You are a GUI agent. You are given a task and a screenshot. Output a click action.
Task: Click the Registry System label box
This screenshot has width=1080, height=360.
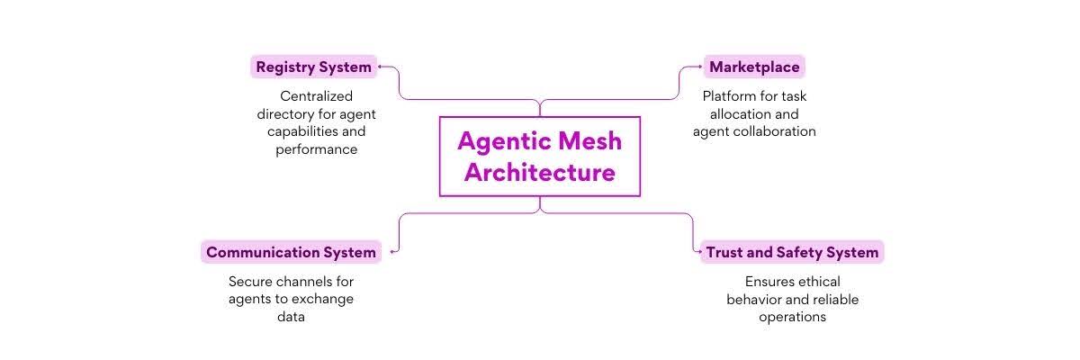[x=313, y=67]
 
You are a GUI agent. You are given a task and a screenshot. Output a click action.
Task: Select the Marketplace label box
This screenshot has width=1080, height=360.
[x=753, y=67]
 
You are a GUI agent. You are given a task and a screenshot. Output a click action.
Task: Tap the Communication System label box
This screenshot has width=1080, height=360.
[x=291, y=252]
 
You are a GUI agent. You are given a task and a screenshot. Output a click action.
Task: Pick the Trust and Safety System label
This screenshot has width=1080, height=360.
[x=791, y=252]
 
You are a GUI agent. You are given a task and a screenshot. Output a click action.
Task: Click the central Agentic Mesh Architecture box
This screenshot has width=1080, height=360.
[x=539, y=156]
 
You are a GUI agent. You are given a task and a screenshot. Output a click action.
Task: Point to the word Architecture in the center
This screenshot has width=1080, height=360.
[x=539, y=172]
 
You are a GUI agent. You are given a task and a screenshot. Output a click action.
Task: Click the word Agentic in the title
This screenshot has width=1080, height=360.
[x=500, y=140]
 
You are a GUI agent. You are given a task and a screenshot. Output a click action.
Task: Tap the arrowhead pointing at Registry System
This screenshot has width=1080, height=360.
[x=381, y=67]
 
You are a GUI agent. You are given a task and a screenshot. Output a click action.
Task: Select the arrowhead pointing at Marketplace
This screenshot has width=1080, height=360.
[x=699, y=67]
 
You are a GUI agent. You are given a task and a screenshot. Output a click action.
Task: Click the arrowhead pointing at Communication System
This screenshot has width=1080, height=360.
[x=392, y=252]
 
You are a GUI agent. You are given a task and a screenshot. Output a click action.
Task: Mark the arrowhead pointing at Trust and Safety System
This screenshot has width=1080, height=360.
[x=697, y=252]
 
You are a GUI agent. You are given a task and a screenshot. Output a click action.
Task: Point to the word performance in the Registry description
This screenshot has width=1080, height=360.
[x=316, y=149]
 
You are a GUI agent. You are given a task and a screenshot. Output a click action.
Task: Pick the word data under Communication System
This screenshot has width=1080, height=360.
[x=291, y=317]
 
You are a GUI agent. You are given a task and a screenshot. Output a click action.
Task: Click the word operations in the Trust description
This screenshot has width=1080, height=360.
[x=792, y=317]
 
